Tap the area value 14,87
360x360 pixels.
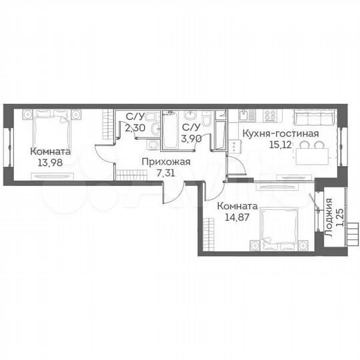click(x=237, y=217)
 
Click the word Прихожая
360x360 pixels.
click(x=169, y=162)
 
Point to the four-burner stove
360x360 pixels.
click(x=270, y=116)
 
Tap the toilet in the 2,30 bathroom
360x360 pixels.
click(x=153, y=129)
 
